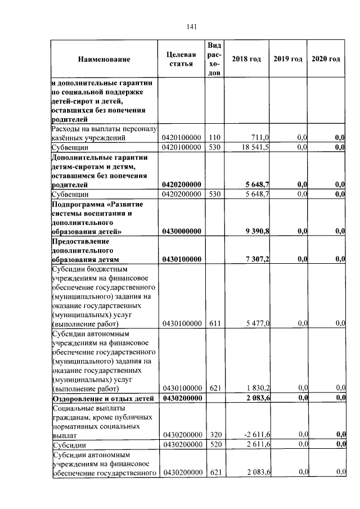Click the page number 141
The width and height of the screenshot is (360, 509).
(x=191, y=26)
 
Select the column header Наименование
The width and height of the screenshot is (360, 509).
(x=104, y=59)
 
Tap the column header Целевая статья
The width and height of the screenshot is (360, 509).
(x=181, y=59)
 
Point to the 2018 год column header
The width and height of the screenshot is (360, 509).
(x=246, y=59)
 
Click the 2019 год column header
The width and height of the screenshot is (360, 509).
(x=288, y=59)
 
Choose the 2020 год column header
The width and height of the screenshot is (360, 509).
(x=326, y=59)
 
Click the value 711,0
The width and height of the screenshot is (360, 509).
(x=260, y=137)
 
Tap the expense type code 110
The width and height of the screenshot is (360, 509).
(x=214, y=137)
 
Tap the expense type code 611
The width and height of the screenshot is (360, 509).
(x=214, y=323)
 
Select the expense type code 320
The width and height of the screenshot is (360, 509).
(x=214, y=435)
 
